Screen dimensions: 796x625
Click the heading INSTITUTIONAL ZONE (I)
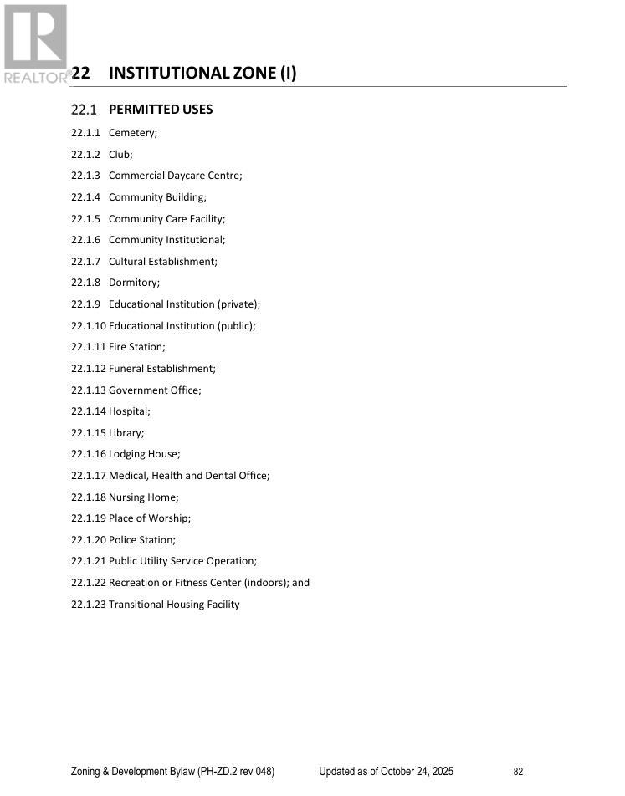[202, 73]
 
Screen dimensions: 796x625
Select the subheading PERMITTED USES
[161, 110]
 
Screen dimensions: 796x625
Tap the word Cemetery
[131, 133]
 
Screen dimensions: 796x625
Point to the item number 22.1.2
[85, 155]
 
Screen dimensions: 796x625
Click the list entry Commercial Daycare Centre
[174, 176]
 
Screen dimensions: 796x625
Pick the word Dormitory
[133, 283]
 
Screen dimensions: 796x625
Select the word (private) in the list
[238, 304]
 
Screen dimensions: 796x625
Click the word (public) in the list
[235, 326]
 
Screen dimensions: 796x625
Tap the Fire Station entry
[136, 347]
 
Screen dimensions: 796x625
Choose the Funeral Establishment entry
[161, 369]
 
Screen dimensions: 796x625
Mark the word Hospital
[128, 411]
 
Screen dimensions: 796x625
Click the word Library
[126, 433]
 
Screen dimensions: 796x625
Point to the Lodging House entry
[144, 454]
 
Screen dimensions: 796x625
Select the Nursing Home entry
[142, 497]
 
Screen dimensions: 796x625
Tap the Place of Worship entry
[149, 518]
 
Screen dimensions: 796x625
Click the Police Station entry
[141, 540]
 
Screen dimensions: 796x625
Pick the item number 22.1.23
[89, 605]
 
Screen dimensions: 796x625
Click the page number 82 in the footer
[518, 772]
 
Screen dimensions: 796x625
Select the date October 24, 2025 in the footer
[417, 772]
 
